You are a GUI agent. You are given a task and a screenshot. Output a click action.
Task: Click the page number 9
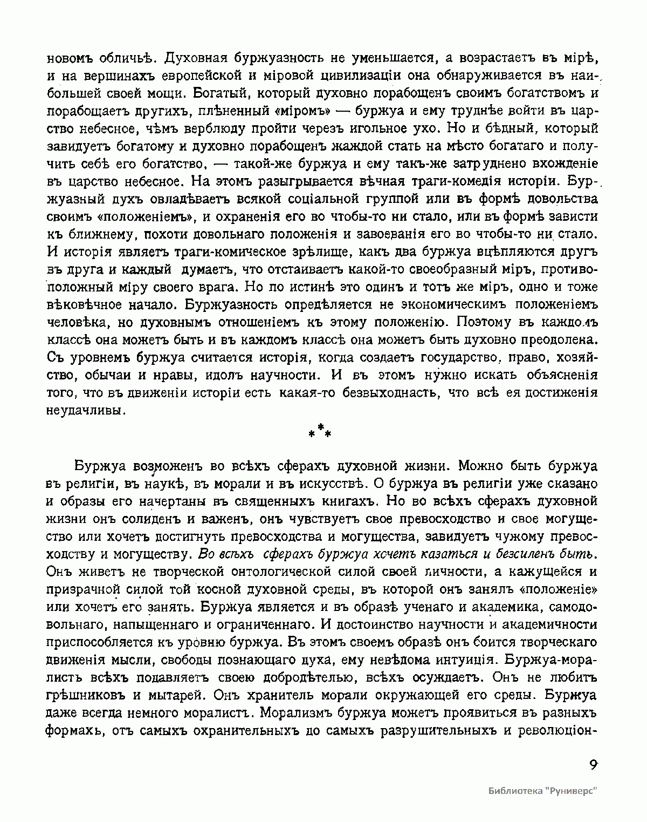(593, 765)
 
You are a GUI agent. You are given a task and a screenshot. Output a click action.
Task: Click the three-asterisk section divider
(320, 431)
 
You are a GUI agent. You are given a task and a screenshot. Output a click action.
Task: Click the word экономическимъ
(442, 304)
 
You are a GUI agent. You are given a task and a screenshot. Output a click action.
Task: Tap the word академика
(505, 607)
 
